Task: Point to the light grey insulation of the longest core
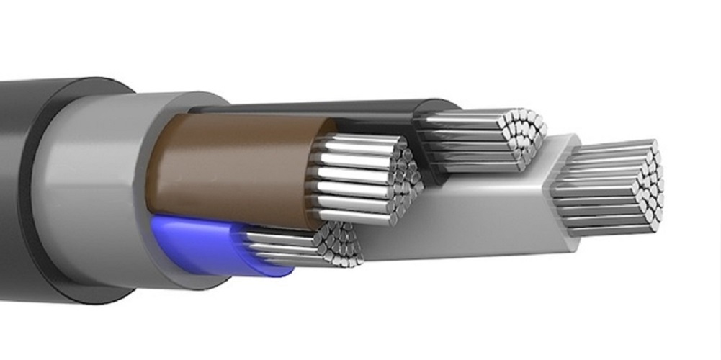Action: tap(461, 216)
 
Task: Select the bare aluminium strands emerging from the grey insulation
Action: tap(598, 191)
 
